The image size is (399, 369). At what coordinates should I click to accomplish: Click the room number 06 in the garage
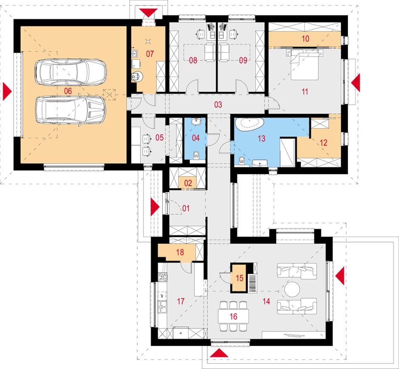(68, 91)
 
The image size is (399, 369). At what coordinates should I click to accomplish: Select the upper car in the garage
(71, 72)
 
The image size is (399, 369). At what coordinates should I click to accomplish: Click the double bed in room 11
(305, 64)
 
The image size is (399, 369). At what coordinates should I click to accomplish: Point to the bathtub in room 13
(249, 124)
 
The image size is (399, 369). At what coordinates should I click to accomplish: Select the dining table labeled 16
(233, 316)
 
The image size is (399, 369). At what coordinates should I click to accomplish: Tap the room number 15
(240, 278)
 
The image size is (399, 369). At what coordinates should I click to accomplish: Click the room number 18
(180, 252)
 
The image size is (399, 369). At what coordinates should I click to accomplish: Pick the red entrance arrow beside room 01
(155, 207)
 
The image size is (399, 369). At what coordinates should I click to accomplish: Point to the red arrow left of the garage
(7, 91)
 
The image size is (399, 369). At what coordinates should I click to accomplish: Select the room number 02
(188, 183)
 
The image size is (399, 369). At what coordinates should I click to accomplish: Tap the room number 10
(306, 39)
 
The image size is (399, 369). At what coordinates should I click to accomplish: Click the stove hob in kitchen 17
(163, 277)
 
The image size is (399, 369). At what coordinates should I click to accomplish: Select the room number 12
(323, 142)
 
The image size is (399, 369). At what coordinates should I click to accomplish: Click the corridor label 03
(218, 105)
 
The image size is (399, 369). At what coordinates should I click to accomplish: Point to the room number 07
(150, 54)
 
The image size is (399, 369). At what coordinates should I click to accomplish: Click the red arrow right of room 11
(356, 82)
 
